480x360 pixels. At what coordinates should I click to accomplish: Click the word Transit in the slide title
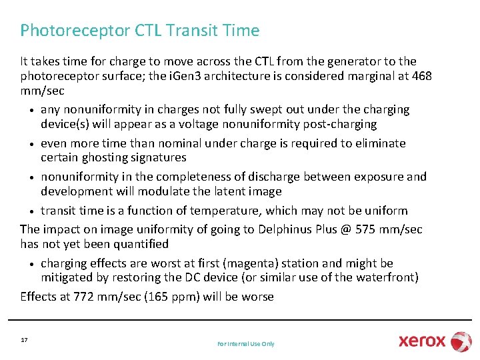pyautogui.click(x=190, y=31)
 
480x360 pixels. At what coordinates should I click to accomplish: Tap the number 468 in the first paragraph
pyautogui.click(x=421, y=76)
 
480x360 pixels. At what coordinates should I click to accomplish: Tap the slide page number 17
pyautogui.click(x=24, y=340)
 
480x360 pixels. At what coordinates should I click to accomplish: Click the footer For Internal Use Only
pyautogui.click(x=245, y=344)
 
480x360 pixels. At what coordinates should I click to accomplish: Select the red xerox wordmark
pyautogui.click(x=422, y=341)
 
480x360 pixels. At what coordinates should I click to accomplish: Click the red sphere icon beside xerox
pyautogui.click(x=461, y=341)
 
